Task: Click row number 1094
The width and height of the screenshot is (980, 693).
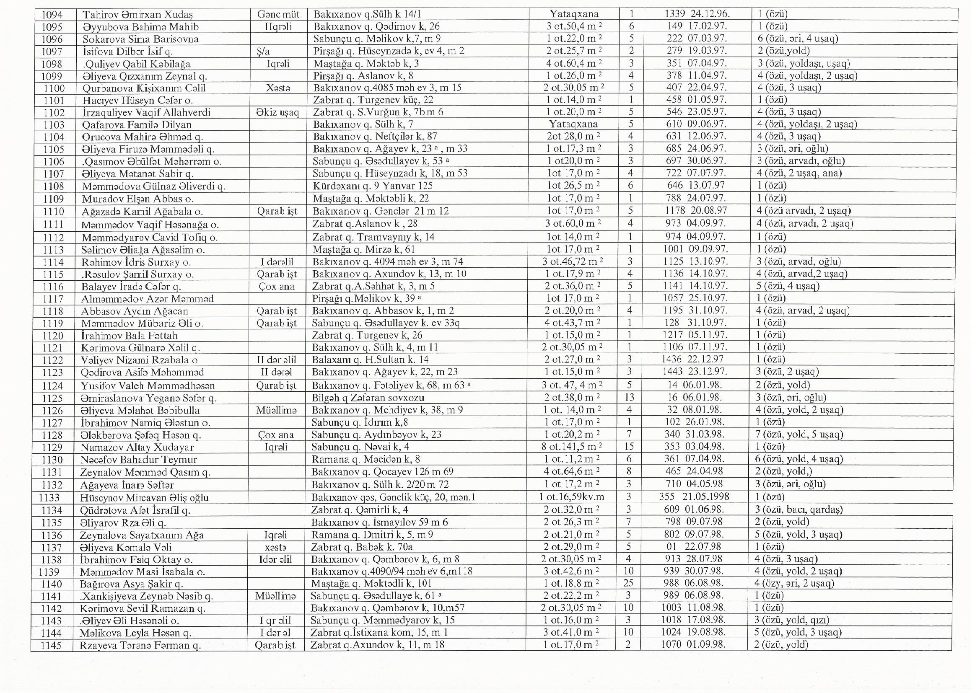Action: pyautogui.click(x=53, y=15)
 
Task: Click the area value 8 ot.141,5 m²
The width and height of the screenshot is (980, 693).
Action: pyautogui.click(x=573, y=447)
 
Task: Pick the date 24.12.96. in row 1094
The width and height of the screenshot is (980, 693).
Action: pyautogui.click(x=709, y=15)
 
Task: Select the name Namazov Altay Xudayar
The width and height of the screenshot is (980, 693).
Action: pyautogui.click(x=137, y=447)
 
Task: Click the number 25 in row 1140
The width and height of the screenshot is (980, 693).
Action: pyautogui.click(x=630, y=583)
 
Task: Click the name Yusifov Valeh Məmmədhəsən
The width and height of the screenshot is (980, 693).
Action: pyautogui.click(x=148, y=386)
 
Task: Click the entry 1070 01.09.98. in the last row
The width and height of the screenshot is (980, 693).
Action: pyautogui.click(x=693, y=645)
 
